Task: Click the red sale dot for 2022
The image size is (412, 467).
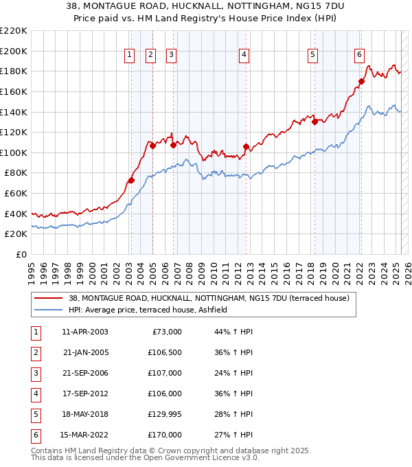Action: (x=361, y=81)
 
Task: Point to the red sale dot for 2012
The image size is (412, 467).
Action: (x=246, y=146)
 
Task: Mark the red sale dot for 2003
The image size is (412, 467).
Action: (x=131, y=181)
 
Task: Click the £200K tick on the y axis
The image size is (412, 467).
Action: (x=14, y=51)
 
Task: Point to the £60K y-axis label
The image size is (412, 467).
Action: (x=16, y=194)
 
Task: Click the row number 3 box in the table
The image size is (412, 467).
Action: (x=35, y=373)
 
